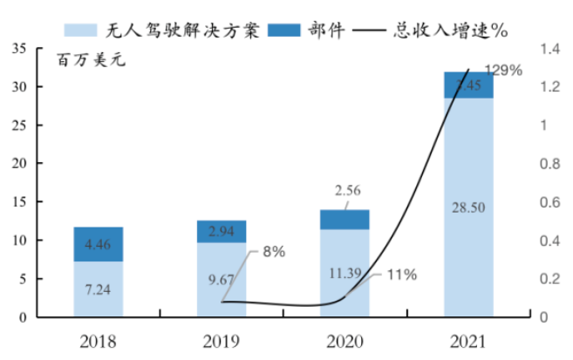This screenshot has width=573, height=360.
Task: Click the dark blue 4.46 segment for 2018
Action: (x=98, y=244)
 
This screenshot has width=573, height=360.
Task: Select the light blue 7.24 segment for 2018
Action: (x=98, y=289)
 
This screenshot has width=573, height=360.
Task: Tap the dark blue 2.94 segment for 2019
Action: (x=221, y=231)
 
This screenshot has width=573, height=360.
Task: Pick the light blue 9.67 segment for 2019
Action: (x=221, y=280)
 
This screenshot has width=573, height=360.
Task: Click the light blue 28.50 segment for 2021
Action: (x=468, y=207)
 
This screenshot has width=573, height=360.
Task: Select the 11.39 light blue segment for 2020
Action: (x=344, y=273)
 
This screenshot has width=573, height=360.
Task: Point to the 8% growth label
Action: (x=273, y=253)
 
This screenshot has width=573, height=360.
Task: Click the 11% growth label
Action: (x=400, y=275)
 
